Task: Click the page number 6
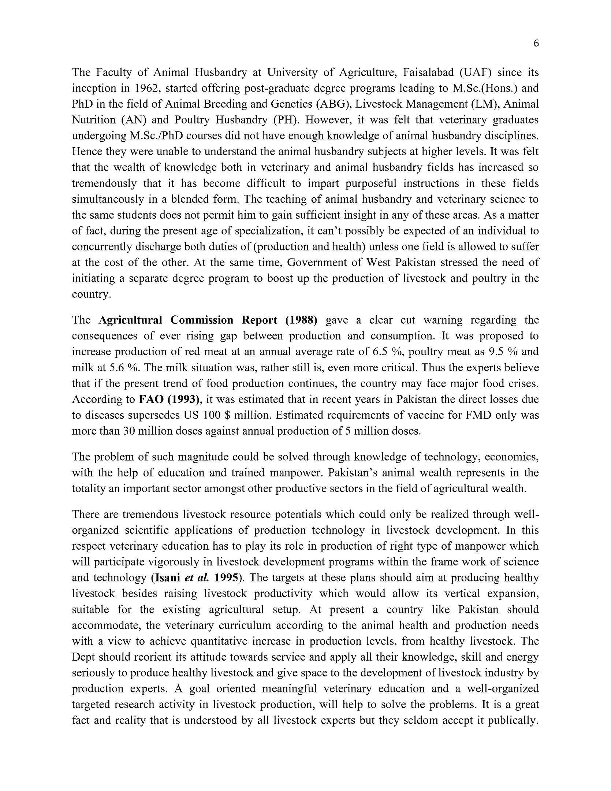536,44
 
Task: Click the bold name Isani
168,578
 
